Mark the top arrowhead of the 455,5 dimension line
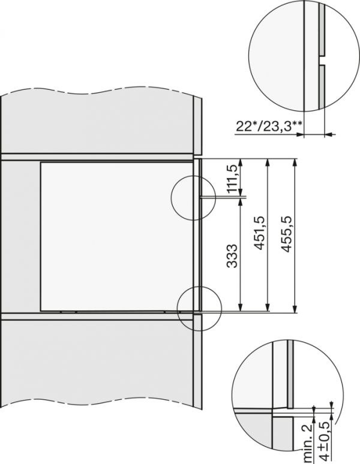(295, 162)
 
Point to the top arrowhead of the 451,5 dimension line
(268, 162)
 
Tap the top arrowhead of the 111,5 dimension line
(241, 162)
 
